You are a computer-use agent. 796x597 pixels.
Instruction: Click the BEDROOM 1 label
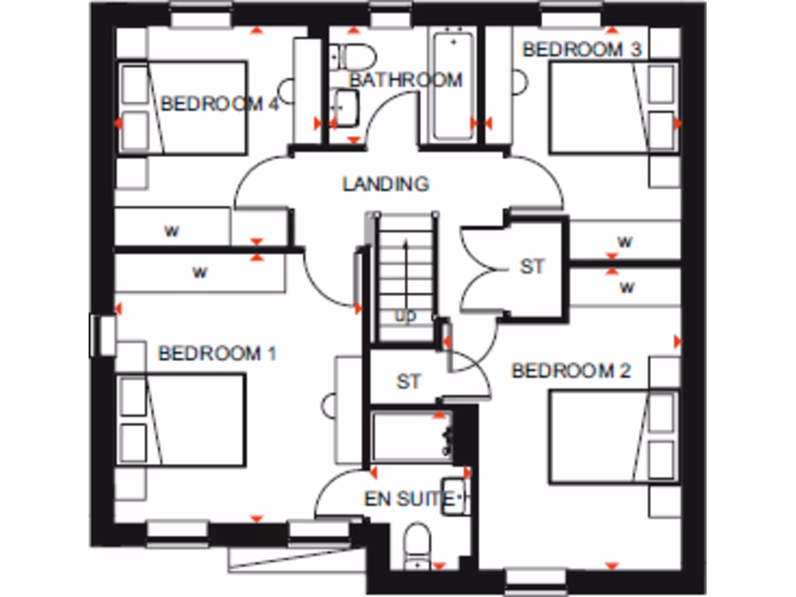point(217,354)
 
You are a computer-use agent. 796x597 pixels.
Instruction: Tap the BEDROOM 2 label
point(571,371)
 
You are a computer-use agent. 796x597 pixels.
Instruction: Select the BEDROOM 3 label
point(583,50)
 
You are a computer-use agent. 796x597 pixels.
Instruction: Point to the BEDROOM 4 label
point(218,104)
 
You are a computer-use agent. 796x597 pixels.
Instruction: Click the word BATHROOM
point(405,79)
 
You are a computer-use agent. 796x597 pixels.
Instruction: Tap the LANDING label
point(386,184)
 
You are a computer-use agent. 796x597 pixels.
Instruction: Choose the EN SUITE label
point(409,499)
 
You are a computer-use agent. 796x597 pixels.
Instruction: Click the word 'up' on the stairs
point(406,316)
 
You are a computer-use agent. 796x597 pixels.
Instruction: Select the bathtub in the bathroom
point(452,86)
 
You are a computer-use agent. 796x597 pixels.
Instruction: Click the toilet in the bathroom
point(354,55)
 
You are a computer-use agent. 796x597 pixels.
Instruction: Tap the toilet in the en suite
point(418,544)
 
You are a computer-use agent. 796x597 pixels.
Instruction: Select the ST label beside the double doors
point(532,267)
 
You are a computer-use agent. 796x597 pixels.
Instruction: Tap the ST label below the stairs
point(409,382)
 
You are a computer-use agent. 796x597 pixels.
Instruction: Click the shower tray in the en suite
point(410,438)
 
